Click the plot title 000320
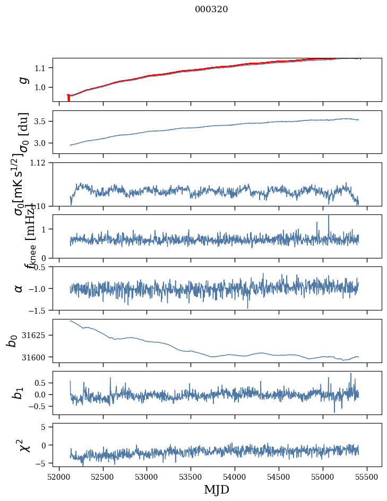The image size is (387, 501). tap(211, 9)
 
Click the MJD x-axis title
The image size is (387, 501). tap(217, 489)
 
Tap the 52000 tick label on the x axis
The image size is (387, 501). tap(59, 478)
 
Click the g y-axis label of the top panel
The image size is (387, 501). tap(23, 80)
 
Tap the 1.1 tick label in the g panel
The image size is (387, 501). tap(41, 68)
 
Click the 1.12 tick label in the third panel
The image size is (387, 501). tap(39, 163)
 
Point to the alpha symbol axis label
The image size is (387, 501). tap(19, 288)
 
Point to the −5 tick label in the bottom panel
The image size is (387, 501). tap(42, 463)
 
